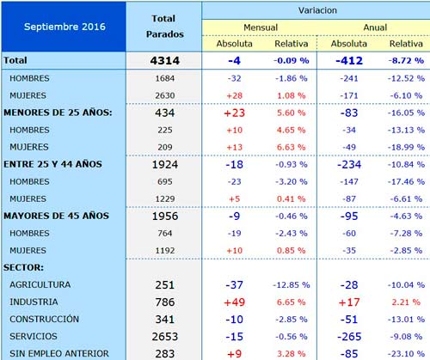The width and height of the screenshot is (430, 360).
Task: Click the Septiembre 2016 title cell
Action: coord(64,27)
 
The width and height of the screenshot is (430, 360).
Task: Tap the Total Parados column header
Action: coord(164,27)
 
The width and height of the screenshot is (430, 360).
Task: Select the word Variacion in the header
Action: coord(317,10)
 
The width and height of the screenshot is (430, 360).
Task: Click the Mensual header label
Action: coord(261,27)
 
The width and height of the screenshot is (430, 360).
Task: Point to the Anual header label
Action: coord(375,27)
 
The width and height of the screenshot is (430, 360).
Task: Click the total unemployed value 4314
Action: coord(165,61)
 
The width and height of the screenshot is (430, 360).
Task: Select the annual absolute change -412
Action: coord(349,61)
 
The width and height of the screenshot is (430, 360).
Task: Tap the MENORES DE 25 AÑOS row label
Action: coord(58,113)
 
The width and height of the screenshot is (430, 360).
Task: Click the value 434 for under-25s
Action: coord(165,113)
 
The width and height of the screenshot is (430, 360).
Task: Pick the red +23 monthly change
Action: coord(235,113)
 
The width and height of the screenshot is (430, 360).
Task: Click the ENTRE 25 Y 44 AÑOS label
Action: coord(52,164)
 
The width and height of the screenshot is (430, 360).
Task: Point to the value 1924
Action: coord(165,165)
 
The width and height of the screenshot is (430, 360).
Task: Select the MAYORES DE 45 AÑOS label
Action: coord(56,216)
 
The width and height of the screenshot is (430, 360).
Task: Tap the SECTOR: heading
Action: coord(23,267)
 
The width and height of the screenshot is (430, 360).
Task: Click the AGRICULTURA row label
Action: coord(40,284)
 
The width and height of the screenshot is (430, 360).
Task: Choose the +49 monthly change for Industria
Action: coord(235,302)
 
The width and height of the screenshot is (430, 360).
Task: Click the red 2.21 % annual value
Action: coord(406,302)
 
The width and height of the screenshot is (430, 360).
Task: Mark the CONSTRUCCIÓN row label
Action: coord(44,319)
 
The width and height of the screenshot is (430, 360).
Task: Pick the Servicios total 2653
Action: coord(165,337)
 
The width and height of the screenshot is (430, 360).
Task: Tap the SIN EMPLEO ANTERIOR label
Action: coord(59,353)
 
